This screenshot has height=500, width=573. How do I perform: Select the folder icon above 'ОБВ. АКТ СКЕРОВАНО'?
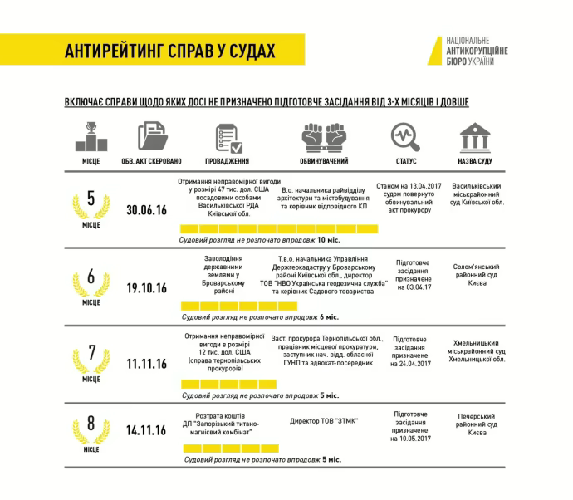(152, 135)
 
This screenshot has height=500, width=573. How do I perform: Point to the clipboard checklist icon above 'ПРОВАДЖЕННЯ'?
(226, 136)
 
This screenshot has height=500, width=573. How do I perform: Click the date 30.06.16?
(147, 210)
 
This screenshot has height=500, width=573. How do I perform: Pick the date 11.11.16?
(147, 364)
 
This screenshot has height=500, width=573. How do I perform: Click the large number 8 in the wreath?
(91, 424)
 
